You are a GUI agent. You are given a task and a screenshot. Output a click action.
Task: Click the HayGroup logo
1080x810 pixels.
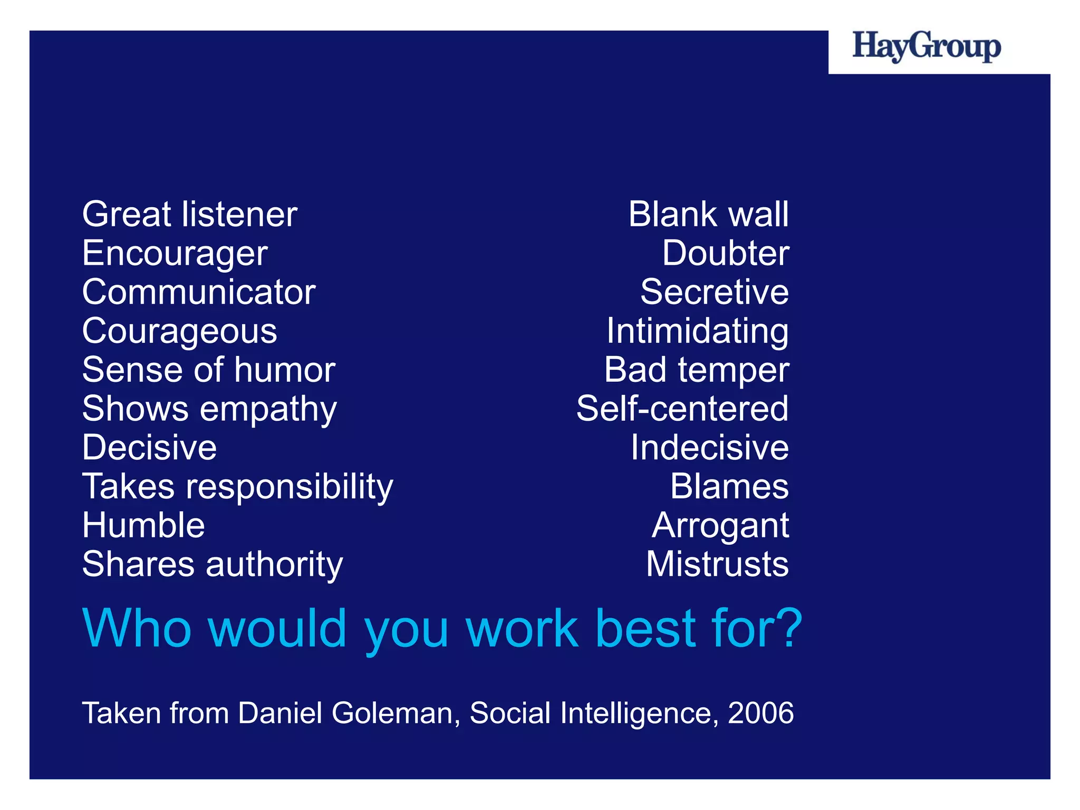pyautogui.click(x=927, y=47)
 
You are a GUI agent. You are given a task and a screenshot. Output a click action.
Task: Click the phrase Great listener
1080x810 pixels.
pyautogui.click(x=190, y=215)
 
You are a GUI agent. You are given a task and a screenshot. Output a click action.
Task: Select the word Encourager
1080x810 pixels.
pyautogui.click(x=175, y=254)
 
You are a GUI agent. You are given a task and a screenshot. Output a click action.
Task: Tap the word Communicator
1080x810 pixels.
pyautogui.click(x=199, y=292)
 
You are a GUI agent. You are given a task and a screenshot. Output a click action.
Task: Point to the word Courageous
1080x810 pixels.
pyautogui.click(x=180, y=332)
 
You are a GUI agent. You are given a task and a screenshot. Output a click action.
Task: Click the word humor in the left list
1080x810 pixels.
pyautogui.click(x=285, y=370)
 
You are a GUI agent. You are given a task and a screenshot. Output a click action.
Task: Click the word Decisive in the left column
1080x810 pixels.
pyautogui.click(x=150, y=448)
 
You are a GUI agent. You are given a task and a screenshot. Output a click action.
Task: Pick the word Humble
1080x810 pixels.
pyautogui.click(x=143, y=525)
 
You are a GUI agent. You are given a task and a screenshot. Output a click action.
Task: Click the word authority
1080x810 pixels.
pyautogui.click(x=274, y=565)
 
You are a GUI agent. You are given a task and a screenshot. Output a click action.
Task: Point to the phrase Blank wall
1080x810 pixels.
pyautogui.click(x=708, y=215)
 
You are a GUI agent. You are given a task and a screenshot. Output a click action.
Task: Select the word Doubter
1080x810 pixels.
pyautogui.click(x=726, y=253)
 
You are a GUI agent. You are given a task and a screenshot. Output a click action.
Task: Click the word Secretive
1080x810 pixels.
pyautogui.click(x=715, y=292)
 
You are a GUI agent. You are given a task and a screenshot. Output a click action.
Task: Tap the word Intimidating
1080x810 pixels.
pyautogui.click(x=698, y=332)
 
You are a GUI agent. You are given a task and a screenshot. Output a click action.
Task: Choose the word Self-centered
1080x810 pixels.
pyautogui.click(x=682, y=409)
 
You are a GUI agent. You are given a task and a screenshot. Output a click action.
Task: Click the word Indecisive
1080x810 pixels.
pyautogui.click(x=710, y=448)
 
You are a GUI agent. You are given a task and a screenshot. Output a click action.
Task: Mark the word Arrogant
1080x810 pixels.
pyautogui.click(x=720, y=526)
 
